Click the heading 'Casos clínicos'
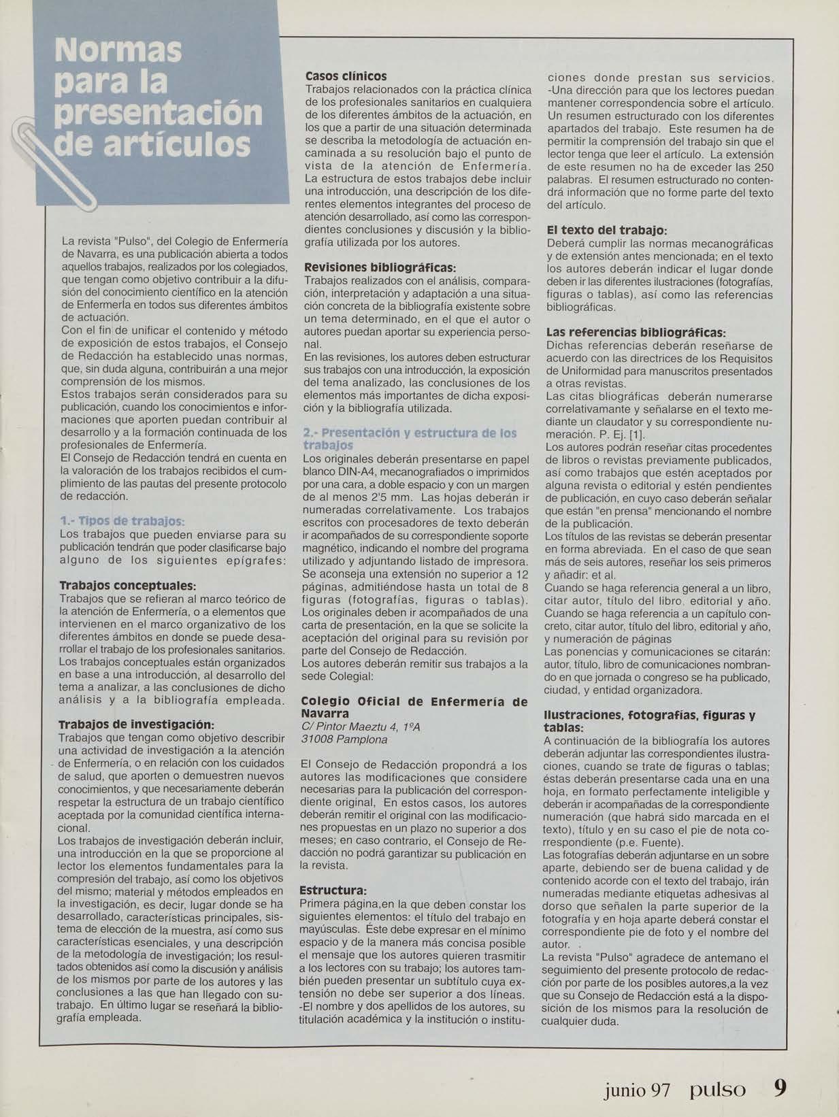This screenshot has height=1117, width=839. click(346, 76)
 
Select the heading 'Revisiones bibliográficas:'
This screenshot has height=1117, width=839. click(380, 268)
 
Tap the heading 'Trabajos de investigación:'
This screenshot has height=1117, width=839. click(137, 724)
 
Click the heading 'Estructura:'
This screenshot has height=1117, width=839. click(333, 890)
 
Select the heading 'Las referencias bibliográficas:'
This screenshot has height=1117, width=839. click(636, 333)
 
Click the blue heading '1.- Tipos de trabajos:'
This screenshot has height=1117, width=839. click(122, 521)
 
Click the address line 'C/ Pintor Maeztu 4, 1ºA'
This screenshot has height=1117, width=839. click(361, 727)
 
